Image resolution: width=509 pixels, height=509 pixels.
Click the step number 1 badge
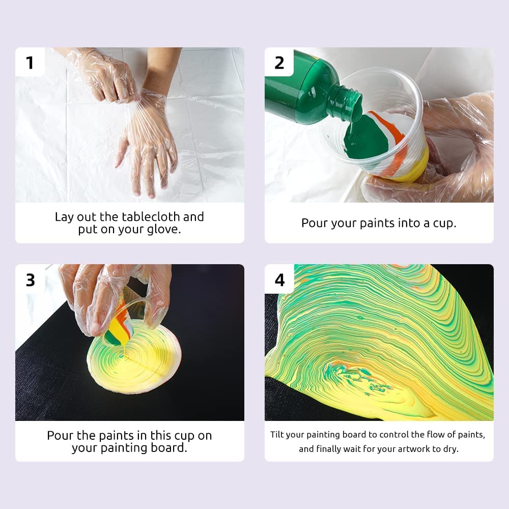[30, 62]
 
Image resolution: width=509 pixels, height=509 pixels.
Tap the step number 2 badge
[279, 62]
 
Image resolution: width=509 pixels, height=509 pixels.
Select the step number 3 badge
[30, 279]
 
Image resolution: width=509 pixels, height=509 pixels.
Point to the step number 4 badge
[279, 279]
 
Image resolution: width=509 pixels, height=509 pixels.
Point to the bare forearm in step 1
[160, 66]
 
